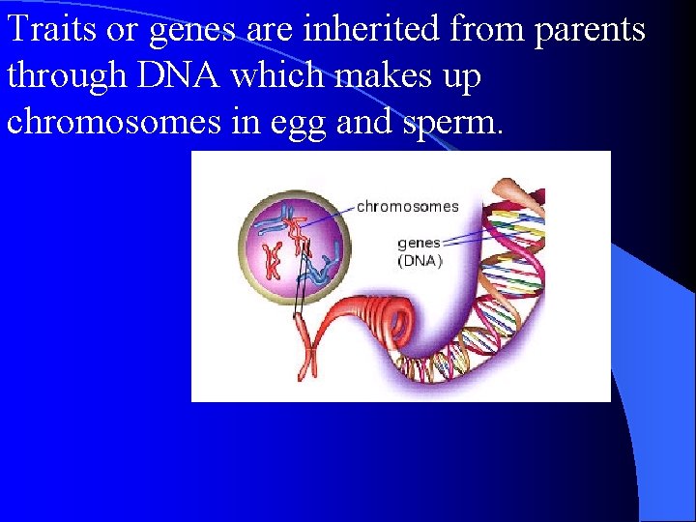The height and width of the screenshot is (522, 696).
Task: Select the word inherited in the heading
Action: (x=350, y=29)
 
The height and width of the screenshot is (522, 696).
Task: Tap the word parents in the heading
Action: (x=587, y=29)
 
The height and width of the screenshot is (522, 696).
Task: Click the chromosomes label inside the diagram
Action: (x=407, y=206)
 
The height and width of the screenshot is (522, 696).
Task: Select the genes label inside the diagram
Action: (x=419, y=243)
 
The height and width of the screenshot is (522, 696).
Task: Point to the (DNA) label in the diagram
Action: (x=420, y=260)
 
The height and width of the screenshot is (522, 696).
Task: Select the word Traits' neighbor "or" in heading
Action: (x=122, y=31)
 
